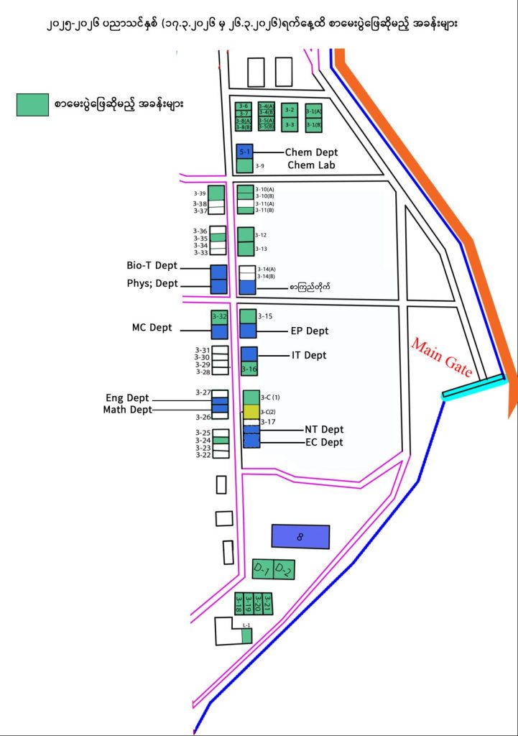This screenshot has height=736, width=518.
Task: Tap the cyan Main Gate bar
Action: (x=474, y=386)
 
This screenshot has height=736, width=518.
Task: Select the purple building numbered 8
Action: (x=300, y=536)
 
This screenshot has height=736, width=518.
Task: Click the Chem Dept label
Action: (x=311, y=152)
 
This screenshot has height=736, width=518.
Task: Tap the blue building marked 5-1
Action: (x=244, y=152)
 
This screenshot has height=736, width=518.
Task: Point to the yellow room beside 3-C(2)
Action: (x=251, y=411)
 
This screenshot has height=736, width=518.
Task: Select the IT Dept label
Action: (x=309, y=355)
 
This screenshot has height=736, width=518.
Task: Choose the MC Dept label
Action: (x=152, y=328)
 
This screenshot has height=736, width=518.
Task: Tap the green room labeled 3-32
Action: (x=219, y=317)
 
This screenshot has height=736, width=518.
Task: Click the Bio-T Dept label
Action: (x=152, y=266)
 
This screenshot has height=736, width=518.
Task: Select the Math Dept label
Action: (x=128, y=410)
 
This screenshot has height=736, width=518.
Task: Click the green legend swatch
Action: (x=32, y=105)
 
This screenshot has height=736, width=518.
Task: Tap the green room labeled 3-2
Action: (x=290, y=110)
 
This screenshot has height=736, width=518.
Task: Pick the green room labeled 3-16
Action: (x=249, y=369)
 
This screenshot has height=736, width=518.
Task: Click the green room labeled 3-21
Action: (x=267, y=602)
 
